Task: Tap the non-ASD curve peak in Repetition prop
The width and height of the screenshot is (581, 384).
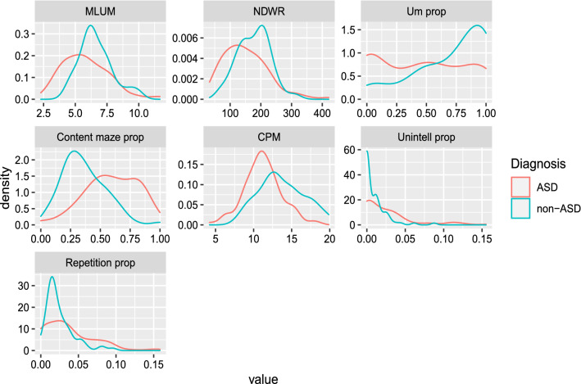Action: pyautogui.click(x=52, y=277)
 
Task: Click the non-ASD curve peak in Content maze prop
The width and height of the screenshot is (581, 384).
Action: pyautogui.click(x=75, y=151)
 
